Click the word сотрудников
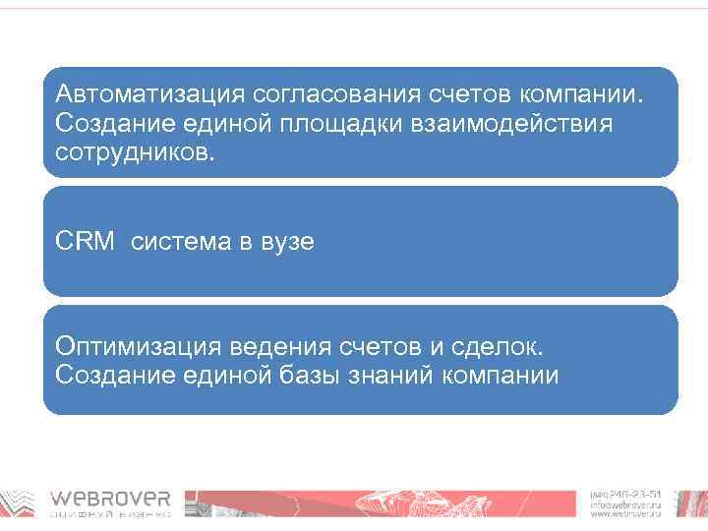pos(134,153)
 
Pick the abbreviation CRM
pos(86,241)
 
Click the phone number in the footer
pos(626,494)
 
